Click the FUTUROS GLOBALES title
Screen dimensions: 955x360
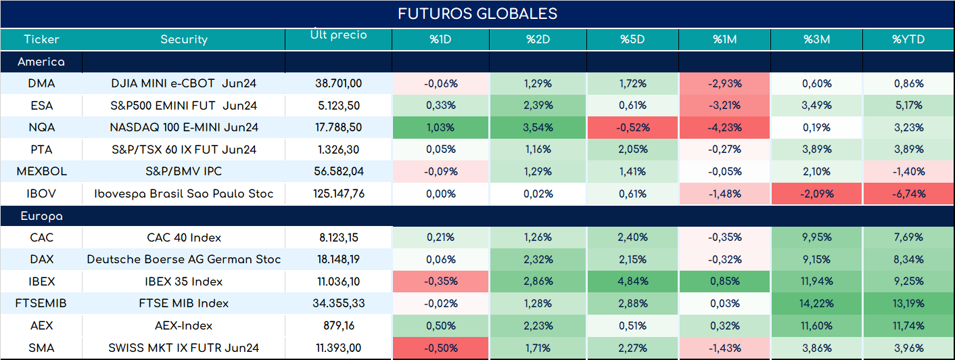click(477, 14)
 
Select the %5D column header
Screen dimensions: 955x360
click(632, 39)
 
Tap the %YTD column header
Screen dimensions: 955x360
click(908, 39)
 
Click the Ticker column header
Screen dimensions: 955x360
click(41, 39)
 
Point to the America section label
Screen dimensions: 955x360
click(41, 62)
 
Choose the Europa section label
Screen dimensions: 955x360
click(42, 217)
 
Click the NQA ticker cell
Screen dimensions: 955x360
click(42, 127)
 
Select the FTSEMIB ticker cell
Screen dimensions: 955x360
click(41, 303)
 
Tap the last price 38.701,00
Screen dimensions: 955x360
click(339, 83)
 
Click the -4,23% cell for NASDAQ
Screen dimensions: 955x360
click(725, 127)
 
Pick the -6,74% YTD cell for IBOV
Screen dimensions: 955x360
click(909, 194)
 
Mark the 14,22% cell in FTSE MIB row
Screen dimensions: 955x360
click(816, 303)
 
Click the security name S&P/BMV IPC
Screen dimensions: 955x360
click(184, 171)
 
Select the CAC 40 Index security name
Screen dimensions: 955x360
click(184, 238)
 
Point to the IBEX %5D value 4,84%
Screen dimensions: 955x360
click(632, 282)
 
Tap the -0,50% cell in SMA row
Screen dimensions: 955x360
click(441, 348)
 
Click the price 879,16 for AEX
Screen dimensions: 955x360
click(339, 326)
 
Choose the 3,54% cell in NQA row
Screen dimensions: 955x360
click(538, 127)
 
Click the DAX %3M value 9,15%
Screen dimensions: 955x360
click(816, 259)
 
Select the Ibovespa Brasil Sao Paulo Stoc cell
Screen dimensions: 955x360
click(184, 194)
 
